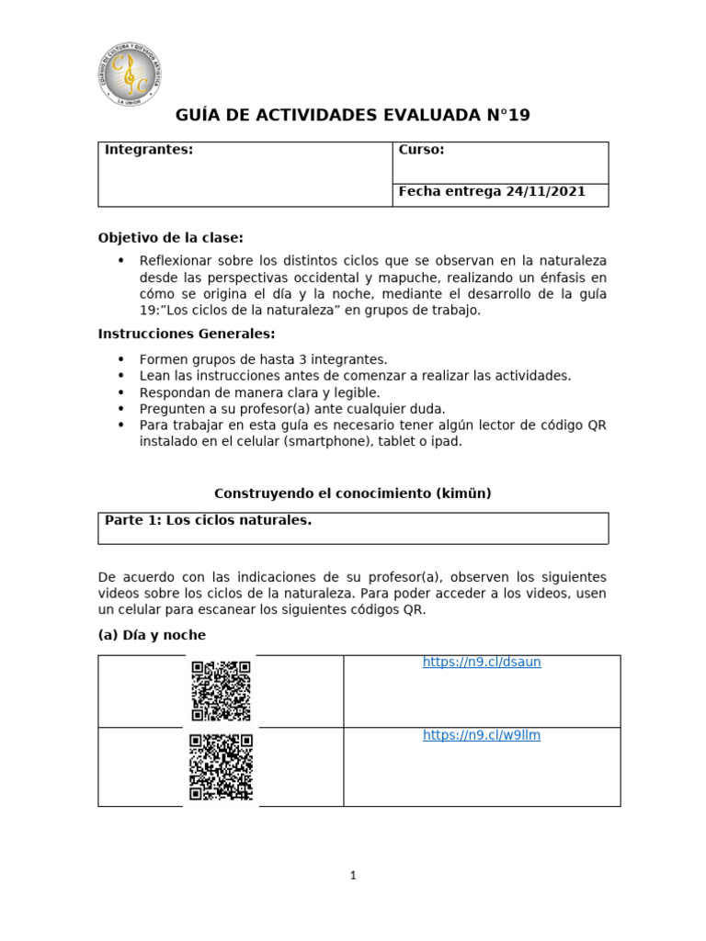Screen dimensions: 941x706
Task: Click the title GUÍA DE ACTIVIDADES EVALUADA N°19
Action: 352,116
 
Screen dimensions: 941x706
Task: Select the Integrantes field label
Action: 149,150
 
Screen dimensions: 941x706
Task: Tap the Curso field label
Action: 421,150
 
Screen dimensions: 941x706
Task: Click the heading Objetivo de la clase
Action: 171,238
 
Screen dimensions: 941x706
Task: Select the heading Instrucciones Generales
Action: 187,334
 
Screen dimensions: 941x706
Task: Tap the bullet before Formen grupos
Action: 120,359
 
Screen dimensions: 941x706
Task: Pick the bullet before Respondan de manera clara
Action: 120,392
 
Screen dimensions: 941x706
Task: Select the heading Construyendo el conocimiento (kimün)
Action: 352,493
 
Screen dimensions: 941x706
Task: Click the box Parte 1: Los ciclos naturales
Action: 352,527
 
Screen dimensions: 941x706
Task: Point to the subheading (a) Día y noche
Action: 152,635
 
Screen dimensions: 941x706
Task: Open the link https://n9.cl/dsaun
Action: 482,663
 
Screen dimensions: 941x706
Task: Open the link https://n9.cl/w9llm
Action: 482,735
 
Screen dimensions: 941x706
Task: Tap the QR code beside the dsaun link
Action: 221,691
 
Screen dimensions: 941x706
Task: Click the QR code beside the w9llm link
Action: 221,766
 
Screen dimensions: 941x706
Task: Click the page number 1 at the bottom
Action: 352,876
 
